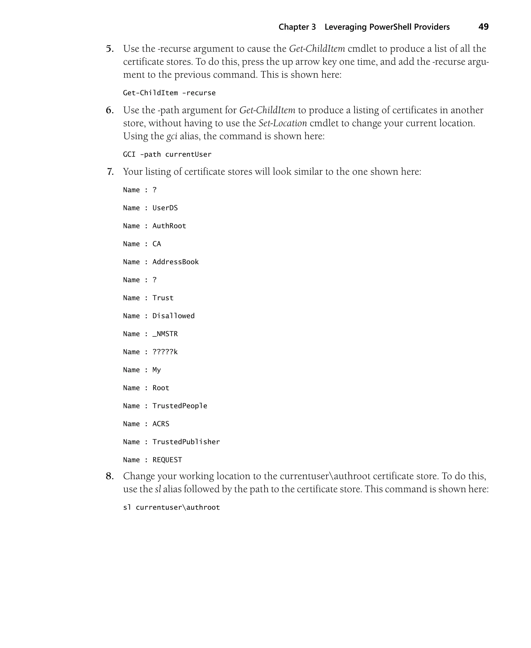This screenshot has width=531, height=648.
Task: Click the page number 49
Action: click(483, 27)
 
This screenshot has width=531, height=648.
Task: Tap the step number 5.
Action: click(109, 49)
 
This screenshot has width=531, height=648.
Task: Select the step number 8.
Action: click(109, 476)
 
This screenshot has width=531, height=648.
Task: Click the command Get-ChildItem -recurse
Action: click(169, 93)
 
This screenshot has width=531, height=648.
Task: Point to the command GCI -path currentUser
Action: click(167, 155)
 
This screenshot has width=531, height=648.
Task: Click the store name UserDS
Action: click(165, 208)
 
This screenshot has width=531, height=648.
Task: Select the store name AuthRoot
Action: click(169, 226)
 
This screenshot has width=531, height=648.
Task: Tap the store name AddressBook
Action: click(176, 262)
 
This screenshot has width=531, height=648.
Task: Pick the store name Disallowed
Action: click(173, 316)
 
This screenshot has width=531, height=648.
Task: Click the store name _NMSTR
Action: click(165, 334)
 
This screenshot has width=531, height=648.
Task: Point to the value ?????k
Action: click(165, 352)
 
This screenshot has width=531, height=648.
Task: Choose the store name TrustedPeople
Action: click(180, 406)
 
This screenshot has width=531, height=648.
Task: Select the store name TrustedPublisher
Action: click(186, 442)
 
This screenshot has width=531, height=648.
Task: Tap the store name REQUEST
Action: click(167, 460)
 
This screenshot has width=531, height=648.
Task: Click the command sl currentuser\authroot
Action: click(171, 508)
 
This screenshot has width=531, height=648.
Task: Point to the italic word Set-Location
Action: click(283, 123)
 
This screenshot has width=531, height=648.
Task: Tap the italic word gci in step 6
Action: click(172, 136)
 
